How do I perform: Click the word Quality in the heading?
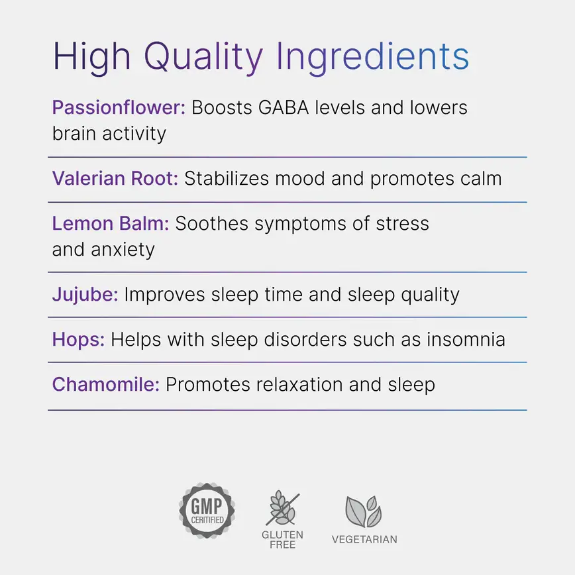coord(203,57)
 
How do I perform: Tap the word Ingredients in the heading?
coord(373,57)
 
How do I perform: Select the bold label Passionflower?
coord(119,108)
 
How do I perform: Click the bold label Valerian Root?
coord(115,179)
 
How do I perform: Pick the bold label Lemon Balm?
coord(111,224)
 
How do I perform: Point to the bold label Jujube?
coord(85,294)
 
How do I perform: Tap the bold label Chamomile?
coord(106,385)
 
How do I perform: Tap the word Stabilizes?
coord(225,179)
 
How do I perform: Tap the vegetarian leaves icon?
coord(364,511)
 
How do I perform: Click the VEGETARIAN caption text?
coord(364,539)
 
